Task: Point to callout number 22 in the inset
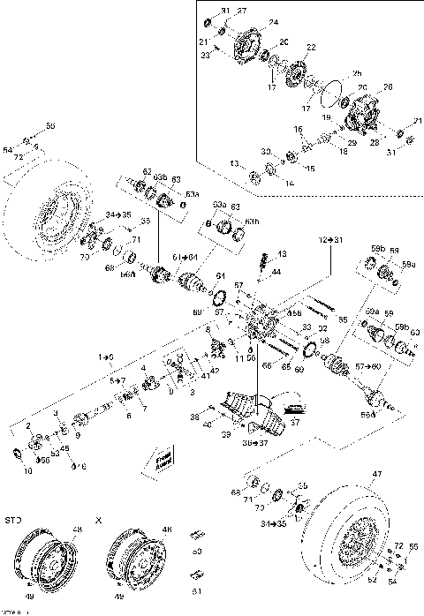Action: point(311,47)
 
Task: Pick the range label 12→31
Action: point(329,239)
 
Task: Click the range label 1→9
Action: point(106,356)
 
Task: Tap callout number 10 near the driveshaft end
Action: point(26,472)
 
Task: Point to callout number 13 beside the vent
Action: point(282,254)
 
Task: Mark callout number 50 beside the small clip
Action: point(196,552)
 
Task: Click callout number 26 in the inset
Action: point(385,86)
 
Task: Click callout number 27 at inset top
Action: point(242,10)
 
